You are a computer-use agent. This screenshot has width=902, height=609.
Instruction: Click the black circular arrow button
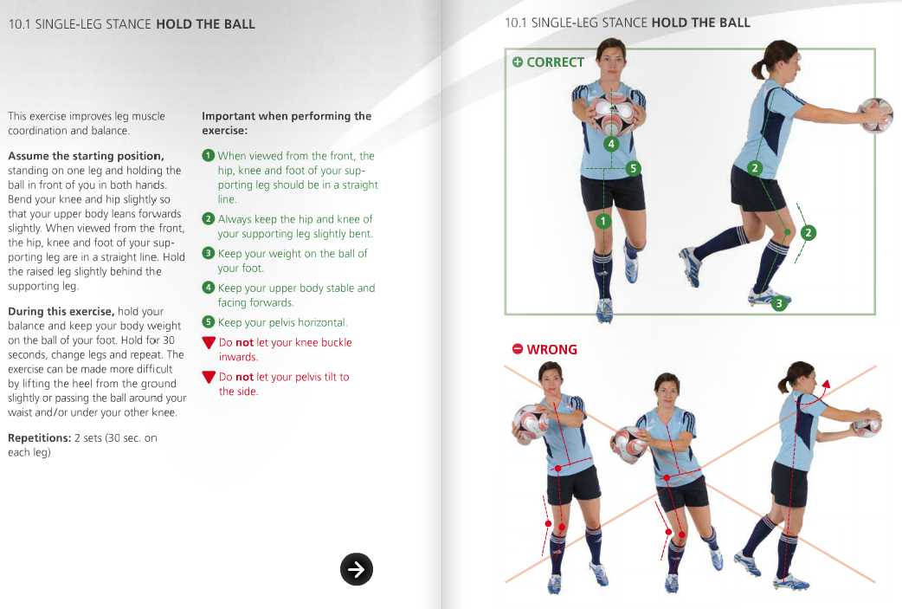pyautogui.click(x=357, y=568)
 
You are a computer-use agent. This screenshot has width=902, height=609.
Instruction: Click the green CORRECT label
pyautogui.click(x=555, y=62)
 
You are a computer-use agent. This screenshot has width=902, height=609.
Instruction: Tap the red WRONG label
pyautogui.click(x=551, y=349)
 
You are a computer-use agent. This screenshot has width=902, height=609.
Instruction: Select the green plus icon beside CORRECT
pyautogui.click(x=518, y=62)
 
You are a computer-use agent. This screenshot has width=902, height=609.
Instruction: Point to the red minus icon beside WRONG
pyautogui.click(x=517, y=349)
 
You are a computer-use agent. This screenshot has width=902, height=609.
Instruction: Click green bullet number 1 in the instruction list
pyautogui.click(x=208, y=156)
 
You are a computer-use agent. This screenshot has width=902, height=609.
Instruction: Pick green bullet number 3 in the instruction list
pyautogui.click(x=208, y=254)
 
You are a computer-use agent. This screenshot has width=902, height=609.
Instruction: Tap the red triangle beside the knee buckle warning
pyautogui.click(x=208, y=343)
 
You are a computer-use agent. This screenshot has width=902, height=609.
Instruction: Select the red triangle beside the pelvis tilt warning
pyautogui.click(x=208, y=378)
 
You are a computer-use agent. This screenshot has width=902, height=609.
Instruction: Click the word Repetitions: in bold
pyautogui.click(x=39, y=438)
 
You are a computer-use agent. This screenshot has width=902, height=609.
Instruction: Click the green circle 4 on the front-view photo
pyautogui.click(x=610, y=143)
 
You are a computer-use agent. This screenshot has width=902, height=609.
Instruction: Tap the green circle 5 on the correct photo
pyautogui.click(x=634, y=168)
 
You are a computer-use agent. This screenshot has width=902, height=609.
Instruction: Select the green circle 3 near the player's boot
pyautogui.click(x=779, y=303)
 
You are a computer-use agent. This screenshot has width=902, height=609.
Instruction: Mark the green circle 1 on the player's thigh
pyautogui.click(x=604, y=221)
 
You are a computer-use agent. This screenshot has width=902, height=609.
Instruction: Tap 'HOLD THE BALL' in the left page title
pyautogui.click(x=205, y=24)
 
